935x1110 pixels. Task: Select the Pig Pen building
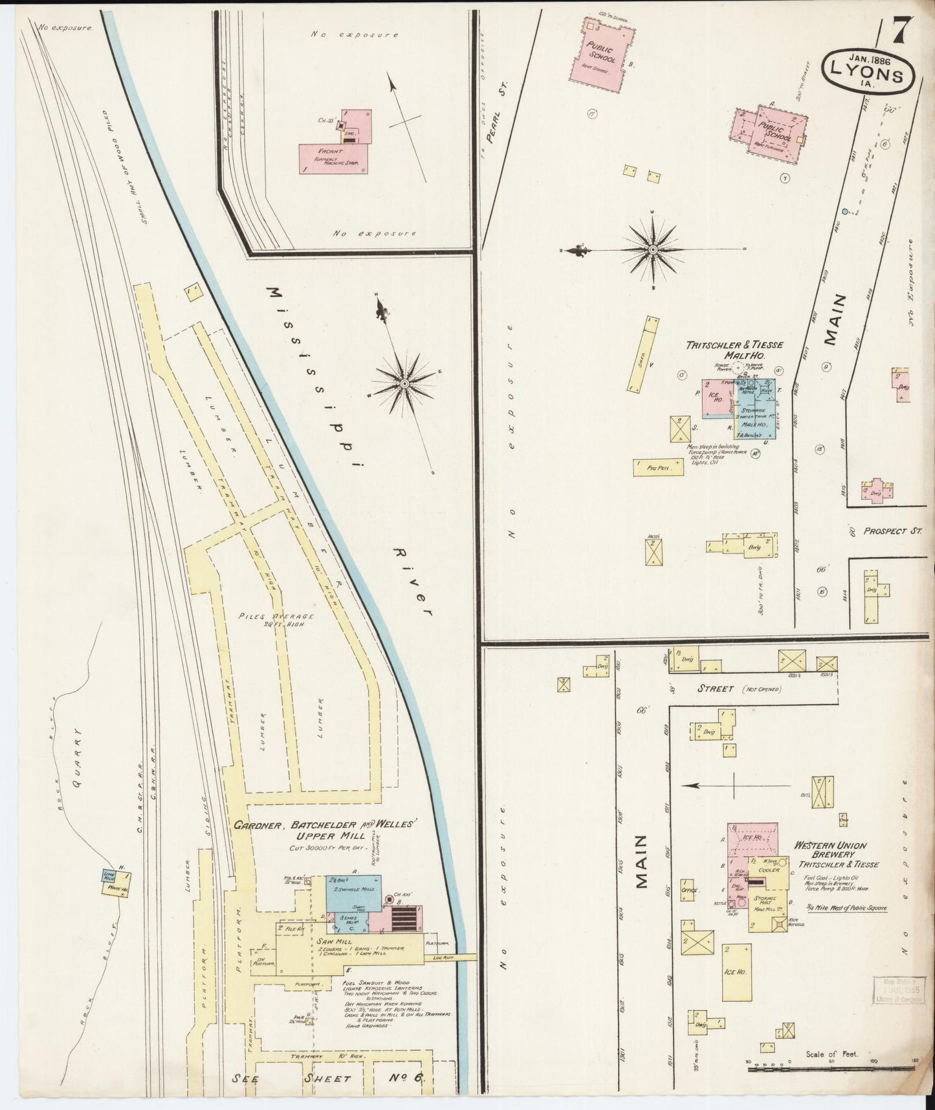click(x=658, y=468)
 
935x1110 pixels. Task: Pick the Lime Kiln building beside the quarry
click(x=109, y=876)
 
